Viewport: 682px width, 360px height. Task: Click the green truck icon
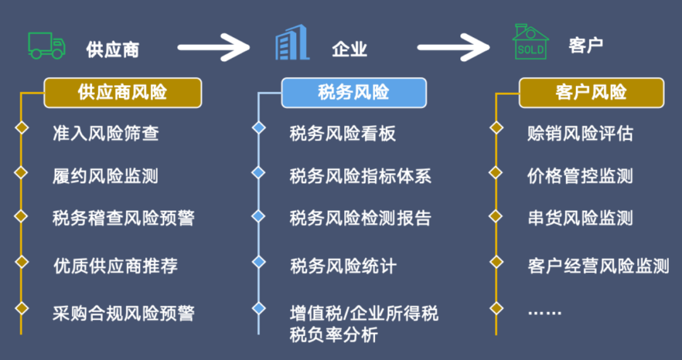[46, 45]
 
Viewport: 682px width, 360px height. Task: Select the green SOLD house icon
[530, 43]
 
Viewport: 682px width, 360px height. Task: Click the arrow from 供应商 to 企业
[214, 47]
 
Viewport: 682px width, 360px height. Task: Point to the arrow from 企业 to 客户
[453, 47]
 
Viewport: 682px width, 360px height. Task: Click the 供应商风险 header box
[123, 93]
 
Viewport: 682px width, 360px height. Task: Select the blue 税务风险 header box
[354, 93]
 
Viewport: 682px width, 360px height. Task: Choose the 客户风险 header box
[591, 93]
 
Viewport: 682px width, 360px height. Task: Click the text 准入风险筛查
[105, 133]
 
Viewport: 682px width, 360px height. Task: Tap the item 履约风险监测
[105, 176]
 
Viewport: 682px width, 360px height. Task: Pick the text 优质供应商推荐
[116, 265]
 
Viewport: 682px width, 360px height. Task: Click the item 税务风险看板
[343, 133]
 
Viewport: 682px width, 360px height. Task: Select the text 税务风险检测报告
[361, 219]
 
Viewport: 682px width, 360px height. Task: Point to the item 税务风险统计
[343, 265]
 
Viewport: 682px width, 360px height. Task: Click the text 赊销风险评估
[580, 133]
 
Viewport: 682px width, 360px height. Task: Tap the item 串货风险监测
[580, 219]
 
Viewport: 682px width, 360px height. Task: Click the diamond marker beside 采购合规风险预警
[22, 308]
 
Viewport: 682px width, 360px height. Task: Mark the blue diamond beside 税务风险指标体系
[258, 172]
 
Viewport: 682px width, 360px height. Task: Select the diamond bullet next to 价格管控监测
[496, 172]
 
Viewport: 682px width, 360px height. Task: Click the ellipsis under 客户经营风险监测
[544, 312]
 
